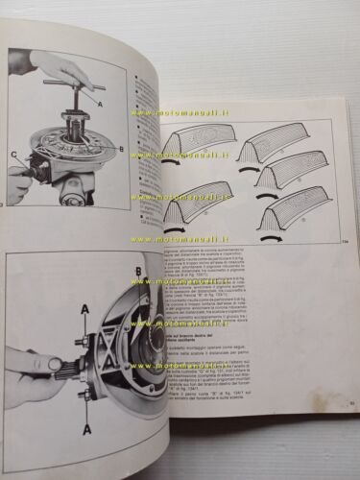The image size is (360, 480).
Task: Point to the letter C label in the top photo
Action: click(13, 154)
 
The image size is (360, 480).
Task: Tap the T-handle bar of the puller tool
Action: click(71, 84)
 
